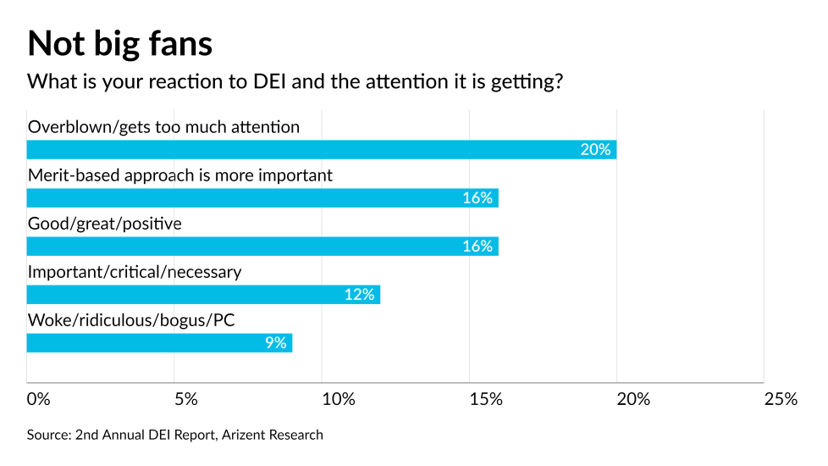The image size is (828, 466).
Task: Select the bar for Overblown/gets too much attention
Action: (322, 149)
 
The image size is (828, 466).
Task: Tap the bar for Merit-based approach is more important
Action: (262, 197)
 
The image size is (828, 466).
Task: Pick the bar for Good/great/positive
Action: (262, 246)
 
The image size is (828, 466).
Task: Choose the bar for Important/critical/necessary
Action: (203, 294)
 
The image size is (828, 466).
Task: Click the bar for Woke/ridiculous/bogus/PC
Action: (159, 342)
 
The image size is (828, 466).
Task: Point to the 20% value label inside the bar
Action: (595, 149)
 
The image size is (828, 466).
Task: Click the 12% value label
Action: (359, 294)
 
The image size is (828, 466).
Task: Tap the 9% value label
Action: (274, 342)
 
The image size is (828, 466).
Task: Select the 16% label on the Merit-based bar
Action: (477, 197)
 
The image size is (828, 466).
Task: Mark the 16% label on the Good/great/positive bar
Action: (477, 246)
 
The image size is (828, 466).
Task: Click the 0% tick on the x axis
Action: (39, 399)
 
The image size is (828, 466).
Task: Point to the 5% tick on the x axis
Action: (185, 399)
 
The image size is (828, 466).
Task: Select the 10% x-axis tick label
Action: (338, 399)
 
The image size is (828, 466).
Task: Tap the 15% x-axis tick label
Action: (485, 399)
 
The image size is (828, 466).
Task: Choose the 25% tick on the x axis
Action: (780, 399)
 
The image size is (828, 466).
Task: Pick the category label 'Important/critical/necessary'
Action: (135, 272)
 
